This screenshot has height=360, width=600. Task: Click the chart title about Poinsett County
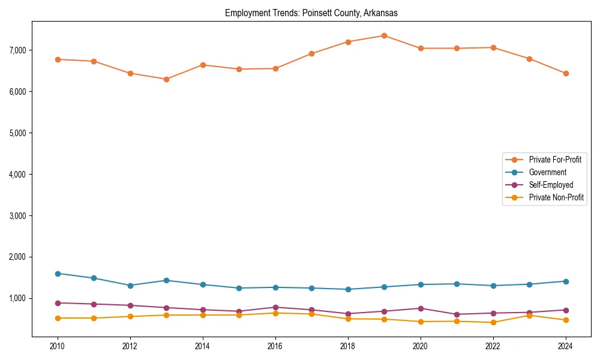tap(311, 13)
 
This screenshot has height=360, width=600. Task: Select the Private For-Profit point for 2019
tap(384, 35)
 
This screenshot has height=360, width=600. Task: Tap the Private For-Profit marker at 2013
tap(166, 79)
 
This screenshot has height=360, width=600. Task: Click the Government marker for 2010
tap(58, 274)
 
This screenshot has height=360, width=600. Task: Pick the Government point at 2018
tap(348, 289)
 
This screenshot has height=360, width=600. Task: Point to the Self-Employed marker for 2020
tap(421, 308)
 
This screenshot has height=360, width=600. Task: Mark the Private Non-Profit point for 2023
tap(529, 316)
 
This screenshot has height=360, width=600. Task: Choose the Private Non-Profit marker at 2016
tap(275, 313)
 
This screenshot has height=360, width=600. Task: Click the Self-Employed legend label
tap(551, 185)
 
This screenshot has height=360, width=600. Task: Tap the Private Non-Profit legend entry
tap(556, 197)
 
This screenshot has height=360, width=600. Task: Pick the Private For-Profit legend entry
tap(555, 160)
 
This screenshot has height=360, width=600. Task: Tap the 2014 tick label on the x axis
tap(203, 346)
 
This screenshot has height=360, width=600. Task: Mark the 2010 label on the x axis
tap(58, 346)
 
